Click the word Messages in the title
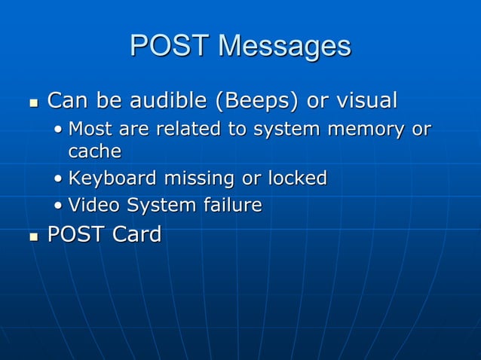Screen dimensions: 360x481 [x=284, y=46]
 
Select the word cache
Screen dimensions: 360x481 [x=94, y=151]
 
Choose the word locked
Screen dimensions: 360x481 [x=297, y=178]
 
